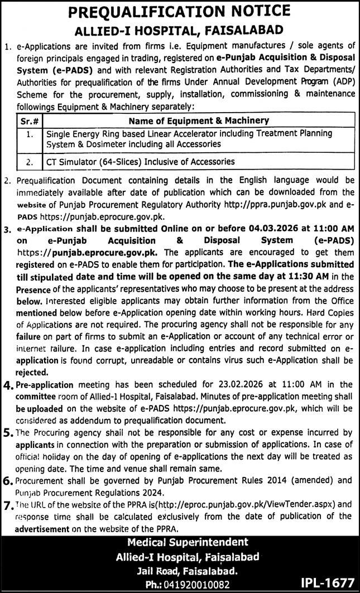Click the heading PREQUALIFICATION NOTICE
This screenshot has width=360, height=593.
[x=180, y=11]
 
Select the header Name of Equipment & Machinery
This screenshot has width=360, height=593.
[x=198, y=120]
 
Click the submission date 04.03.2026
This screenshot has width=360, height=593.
[x=281, y=229]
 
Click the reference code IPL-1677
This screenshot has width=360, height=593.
[x=327, y=583]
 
